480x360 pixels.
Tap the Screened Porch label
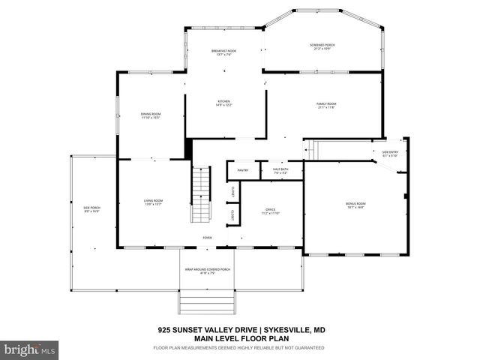click(x=322, y=46)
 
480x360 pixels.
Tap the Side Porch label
click(x=91, y=209)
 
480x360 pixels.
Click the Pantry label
click(x=243, y=170)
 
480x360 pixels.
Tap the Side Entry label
click(x=390, y=154)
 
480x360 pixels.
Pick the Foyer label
click(x=207, y=238)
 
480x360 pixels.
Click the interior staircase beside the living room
click(x=200, y=195)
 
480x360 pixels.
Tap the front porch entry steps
click(x=208, y=303)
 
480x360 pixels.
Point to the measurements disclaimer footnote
click(x=238, y=348)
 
